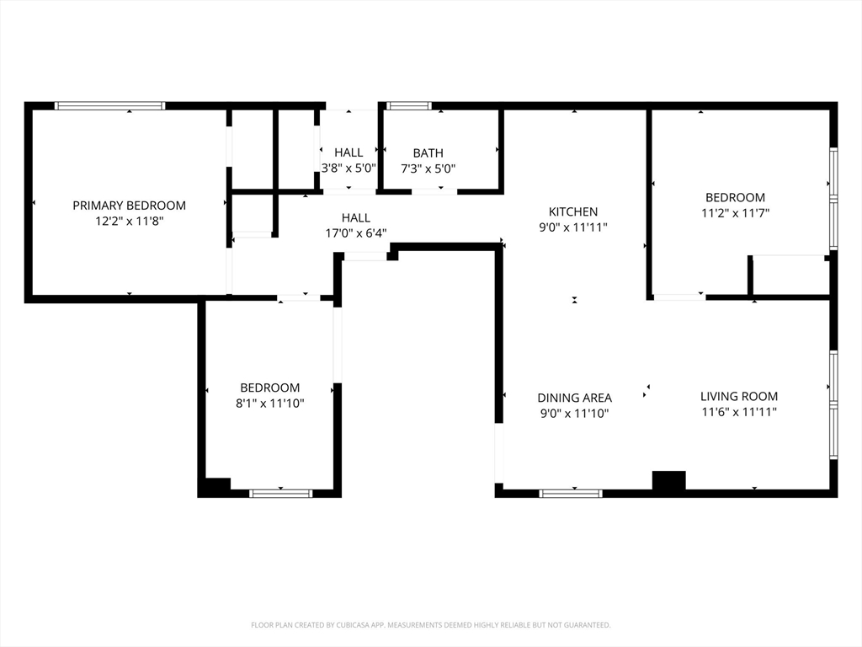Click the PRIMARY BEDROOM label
129,206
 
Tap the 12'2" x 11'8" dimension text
129,222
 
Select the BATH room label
428,153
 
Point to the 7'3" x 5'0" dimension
428,168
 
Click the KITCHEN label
573,211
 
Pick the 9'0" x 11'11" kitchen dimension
573,227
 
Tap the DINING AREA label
574,398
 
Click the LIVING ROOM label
739,396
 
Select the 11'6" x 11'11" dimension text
739,411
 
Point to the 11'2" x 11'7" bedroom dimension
735,213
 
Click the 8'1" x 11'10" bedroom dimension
270,404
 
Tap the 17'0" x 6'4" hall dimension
356,233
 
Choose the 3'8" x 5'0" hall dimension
349,168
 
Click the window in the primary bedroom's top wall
110,105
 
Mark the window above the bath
409,105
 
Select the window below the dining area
571,494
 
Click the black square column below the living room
669,480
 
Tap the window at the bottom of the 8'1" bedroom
281,494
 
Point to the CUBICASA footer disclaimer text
431,625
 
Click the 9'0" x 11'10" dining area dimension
574,413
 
